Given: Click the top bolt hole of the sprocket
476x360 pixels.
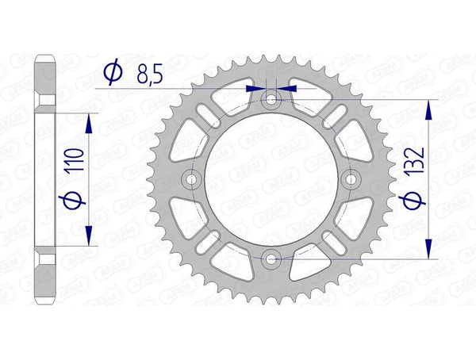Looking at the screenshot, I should (271, 100).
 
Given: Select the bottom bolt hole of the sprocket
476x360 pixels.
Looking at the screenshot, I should (271, 259).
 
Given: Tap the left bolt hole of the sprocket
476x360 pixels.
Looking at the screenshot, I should (192, 179).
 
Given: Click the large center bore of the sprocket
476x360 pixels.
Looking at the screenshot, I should (271, 179).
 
